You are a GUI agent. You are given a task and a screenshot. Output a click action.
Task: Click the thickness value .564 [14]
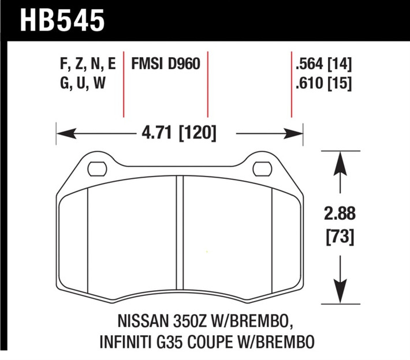coord(323,64)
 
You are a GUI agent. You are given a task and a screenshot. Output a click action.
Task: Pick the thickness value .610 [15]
coord(323,83)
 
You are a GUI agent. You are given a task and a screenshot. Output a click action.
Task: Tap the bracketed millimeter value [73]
coord(339,236)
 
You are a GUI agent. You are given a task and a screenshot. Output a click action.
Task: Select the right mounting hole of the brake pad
coord(263,168)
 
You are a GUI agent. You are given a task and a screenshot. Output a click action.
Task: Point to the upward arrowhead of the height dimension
coord(339,161)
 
